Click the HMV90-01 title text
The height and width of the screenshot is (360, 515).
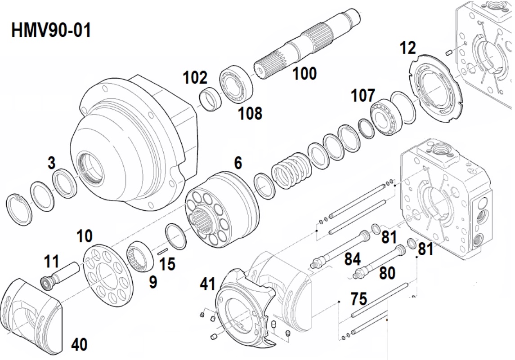(51, 31)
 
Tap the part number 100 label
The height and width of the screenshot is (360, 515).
(305, 73)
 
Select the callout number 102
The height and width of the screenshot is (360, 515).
(195, 78)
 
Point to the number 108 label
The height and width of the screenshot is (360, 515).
(250, 113)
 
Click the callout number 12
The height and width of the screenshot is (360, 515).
(408, 48)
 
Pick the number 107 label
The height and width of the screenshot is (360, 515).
(363, 96)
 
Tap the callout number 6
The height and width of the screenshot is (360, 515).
(238, 163)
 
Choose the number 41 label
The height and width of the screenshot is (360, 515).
(207, 284)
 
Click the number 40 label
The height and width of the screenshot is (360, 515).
(80, 345)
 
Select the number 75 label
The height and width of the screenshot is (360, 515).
(358, 299)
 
